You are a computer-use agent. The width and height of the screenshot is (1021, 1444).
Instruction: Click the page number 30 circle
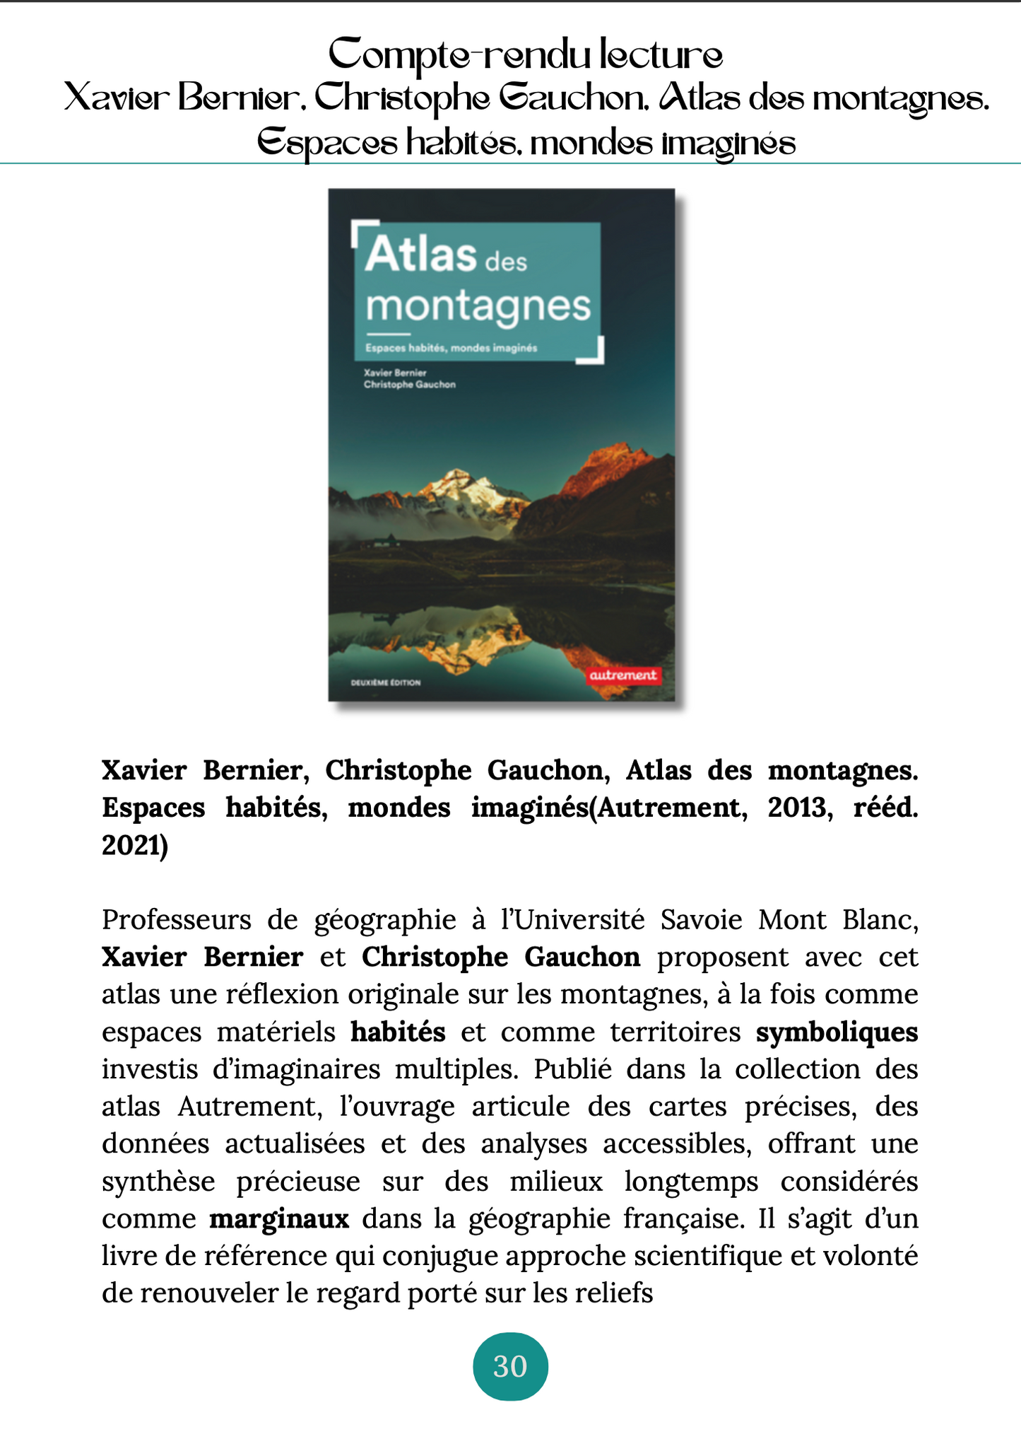coord(509,1366)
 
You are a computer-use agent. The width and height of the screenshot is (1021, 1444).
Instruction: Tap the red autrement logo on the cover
coord(622,675)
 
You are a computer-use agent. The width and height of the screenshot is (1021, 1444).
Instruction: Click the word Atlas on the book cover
coord(421,255)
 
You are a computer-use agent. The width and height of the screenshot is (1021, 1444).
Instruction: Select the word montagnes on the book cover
coord(478,305)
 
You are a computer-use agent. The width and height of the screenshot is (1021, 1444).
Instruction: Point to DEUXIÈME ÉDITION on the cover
coord(386,682)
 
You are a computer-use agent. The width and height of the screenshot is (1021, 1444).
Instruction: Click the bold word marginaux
coord(279,1219)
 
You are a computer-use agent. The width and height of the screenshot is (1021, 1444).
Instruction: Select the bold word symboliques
coord(837,1032)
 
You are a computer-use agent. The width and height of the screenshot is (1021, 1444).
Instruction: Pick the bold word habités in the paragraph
coord(398,1032)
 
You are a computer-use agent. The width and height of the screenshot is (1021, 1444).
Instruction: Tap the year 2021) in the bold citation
coord(135,845)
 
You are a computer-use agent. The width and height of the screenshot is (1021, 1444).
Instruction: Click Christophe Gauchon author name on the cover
coord(409,385)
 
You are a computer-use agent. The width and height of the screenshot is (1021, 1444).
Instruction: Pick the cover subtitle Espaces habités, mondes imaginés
coord(451,348)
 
